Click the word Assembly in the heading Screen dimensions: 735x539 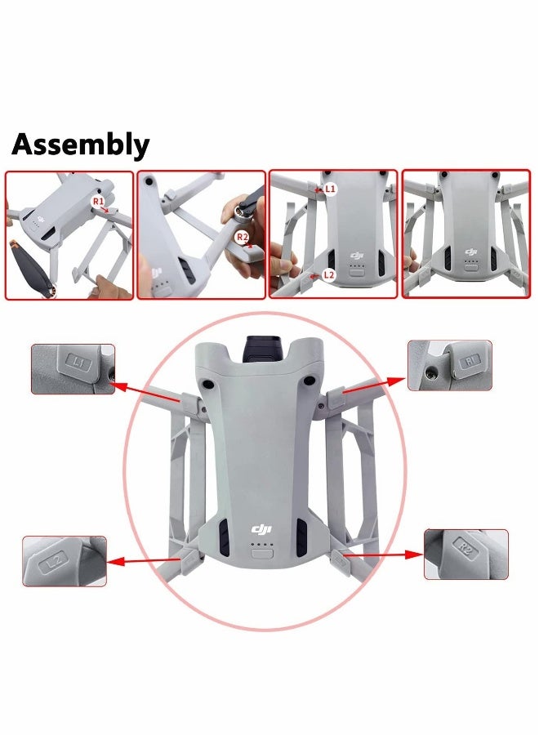[80, 145]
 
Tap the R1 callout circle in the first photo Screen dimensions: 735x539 [98, 201]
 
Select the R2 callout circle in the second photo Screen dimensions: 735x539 [242, 237]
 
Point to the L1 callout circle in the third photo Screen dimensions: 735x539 [330, 189]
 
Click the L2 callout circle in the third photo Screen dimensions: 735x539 [328, 275]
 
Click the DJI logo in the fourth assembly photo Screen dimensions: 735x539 [470, 252]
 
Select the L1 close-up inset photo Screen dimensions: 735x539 [73, 369]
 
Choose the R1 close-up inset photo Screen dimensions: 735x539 [450, 365]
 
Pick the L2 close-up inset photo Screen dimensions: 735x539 [65, 561]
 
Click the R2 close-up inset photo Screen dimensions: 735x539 [466, 554]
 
